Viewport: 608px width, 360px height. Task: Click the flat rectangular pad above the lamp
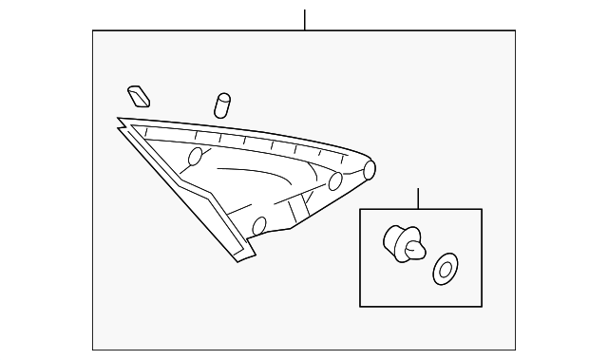point(139,95)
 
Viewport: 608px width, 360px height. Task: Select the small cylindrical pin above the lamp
point(223,104)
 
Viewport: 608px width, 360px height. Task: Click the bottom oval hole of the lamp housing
point(259,226)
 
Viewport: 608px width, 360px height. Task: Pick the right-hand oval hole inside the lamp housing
point(335,182)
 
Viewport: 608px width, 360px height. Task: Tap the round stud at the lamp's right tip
point(370,169)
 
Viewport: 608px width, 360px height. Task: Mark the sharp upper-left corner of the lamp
point(120,120)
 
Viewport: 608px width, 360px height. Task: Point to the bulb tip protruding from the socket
point(414,250)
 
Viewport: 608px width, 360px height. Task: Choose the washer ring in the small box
point(443,270)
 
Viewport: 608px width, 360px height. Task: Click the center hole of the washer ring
point(443,270)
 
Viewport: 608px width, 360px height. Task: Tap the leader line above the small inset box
point(418,199)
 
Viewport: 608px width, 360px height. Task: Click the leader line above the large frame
point(304,20)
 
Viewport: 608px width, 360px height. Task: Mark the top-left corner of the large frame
point(93,31)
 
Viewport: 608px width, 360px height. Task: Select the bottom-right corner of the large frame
point(515,350)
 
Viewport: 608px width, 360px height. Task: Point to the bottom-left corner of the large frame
point(93,350)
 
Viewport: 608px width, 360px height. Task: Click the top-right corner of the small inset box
point(482,210)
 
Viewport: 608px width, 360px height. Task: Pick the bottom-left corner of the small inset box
point(360,306)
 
